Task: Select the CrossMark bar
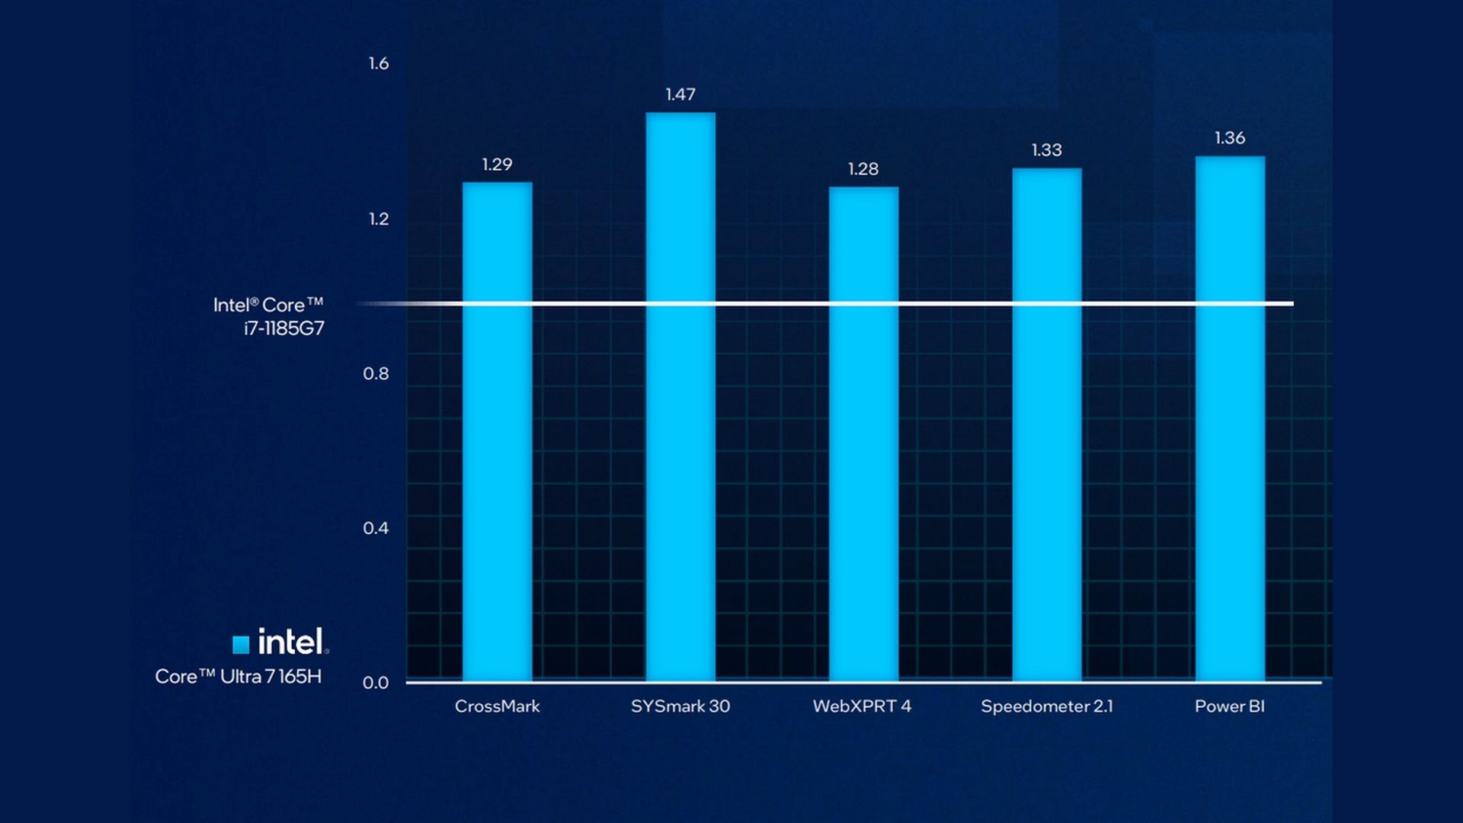point(497,431)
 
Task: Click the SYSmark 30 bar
point(680,396)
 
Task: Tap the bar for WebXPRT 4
point(863,434)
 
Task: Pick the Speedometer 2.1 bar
point(1047,424)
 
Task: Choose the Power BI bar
point(1230,418)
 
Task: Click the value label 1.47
point(680,94)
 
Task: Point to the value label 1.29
point(497,165)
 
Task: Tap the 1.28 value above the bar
point(863,169)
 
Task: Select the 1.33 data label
point(1046,150)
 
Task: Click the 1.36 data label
point(1230,138)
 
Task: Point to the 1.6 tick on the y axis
point(378,64)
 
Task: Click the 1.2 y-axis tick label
point(378,219)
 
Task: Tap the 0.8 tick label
point(376,374)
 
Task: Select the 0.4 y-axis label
point(376,528)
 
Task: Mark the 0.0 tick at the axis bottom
point(376,683)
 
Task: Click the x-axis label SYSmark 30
point(680,706)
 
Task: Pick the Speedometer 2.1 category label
point(1047,706)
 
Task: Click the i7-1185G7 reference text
point(283,328)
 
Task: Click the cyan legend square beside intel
point(241,645)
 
